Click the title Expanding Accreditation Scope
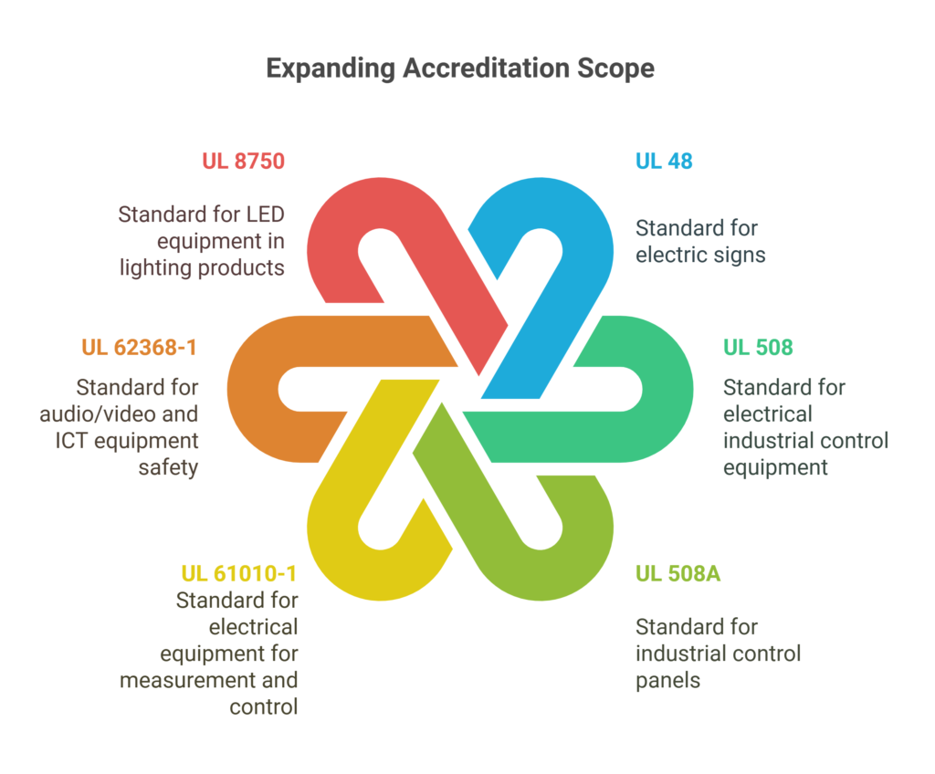coord(459,69)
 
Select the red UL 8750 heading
coord(243,162)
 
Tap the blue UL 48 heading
coord(664,162)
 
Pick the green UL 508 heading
coord(758,348)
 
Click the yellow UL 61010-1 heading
coord(239,574)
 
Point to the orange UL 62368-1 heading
coord(139,348)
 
